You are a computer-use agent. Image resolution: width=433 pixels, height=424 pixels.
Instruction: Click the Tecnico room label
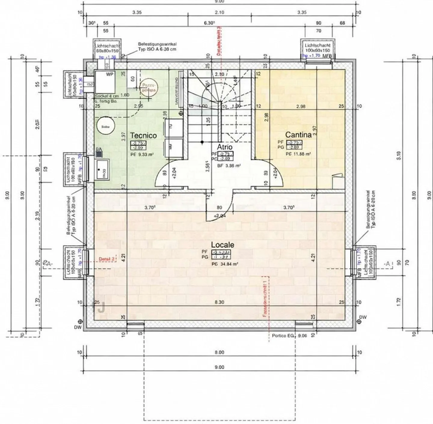tap(143, 135)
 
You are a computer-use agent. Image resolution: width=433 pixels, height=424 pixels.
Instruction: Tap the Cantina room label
tap(298, 135)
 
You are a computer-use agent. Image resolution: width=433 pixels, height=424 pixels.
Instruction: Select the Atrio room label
tap(225, 147)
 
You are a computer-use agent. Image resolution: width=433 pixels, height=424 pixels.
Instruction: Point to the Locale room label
tap(223, 245)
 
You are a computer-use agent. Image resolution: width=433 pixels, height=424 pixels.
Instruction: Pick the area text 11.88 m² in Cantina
tap(298, 154)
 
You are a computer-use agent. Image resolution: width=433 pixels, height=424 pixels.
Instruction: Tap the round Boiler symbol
tap(105, 127)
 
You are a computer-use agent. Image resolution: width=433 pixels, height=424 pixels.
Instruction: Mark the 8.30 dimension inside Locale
tap(220, 302)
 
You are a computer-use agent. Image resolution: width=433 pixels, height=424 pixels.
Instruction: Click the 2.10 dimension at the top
tap(220, 12)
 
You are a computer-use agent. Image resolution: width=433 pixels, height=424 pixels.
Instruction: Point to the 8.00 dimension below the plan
tap(220, 352)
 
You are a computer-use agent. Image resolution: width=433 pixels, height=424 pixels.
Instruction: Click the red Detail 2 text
tap(107, 259)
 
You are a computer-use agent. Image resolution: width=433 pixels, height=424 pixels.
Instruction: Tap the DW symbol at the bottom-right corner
tap(359, 321)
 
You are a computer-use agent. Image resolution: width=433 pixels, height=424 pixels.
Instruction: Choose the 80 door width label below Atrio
tap(220, 207)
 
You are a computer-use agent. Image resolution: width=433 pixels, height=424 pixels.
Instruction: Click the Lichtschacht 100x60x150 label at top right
tap(318, 48)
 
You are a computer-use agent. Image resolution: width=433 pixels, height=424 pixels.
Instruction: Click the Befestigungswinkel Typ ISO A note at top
tap(157, 47)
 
